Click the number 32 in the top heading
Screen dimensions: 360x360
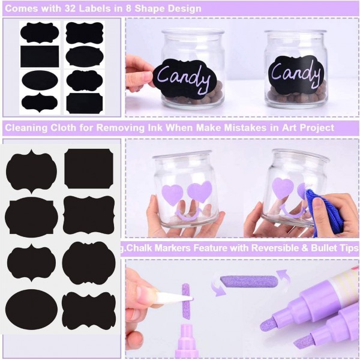(x=70, y=8)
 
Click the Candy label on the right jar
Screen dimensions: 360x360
(x=296, y=74)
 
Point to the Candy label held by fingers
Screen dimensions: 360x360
(x=185, y=78)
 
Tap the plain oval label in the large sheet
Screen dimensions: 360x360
(x=31, y=309)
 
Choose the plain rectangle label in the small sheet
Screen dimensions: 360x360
(x=40, y=56)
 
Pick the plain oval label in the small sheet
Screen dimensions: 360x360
(x=40, y=81)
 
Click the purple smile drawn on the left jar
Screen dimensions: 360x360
(x=188, y=215)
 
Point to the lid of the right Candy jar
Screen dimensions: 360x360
(x=296, y=33)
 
